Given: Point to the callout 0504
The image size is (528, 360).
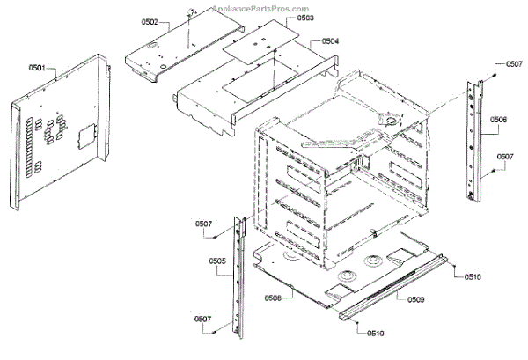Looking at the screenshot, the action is click(x=329, y=40).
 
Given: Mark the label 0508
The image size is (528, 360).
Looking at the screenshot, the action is click(x=271, y=298).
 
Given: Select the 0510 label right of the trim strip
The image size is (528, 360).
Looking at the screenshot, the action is click(x=473, y=277).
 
